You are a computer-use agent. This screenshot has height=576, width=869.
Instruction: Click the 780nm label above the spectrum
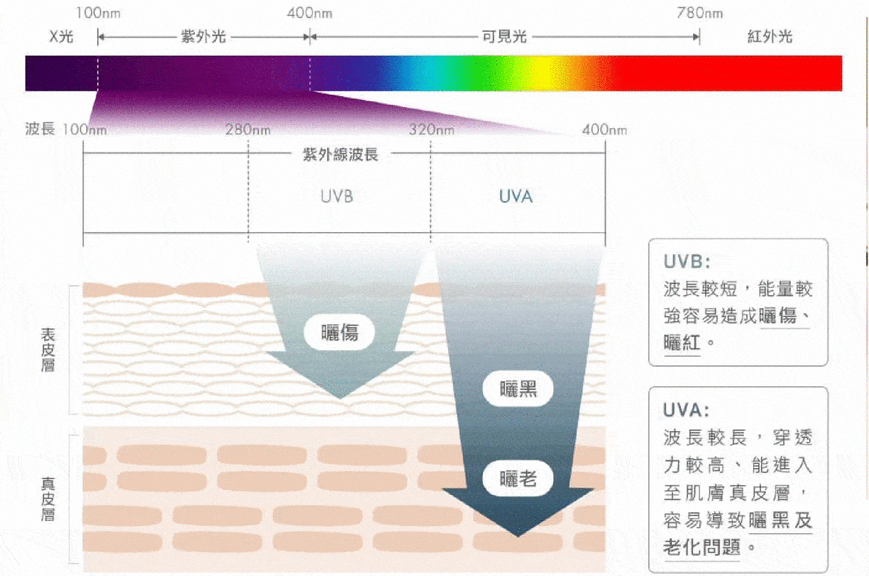click(700, 14)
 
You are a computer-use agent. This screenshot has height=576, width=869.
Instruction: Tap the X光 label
click(62, 37)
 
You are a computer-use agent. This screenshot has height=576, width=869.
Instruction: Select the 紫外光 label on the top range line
click(203, 37)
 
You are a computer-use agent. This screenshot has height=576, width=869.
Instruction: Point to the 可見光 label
click(504, 37)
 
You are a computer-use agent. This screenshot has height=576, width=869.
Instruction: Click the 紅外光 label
click(770, 37)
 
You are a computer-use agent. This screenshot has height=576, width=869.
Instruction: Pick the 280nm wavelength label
click(248, 130)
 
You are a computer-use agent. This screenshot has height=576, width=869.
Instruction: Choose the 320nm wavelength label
click(432, 130)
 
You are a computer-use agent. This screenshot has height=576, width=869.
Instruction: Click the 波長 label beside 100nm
click(40, 129)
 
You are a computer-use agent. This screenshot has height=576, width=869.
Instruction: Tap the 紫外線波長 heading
click(340, 155)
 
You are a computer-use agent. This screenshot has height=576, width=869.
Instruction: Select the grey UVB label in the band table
click(337, 197)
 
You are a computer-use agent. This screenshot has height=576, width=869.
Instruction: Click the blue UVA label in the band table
click(516, 197)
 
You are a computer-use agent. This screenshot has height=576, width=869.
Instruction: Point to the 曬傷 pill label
click(340, 333)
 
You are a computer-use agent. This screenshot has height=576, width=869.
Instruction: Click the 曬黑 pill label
click(518, 389)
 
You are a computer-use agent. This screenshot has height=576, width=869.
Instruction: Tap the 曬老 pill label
click(518, 479)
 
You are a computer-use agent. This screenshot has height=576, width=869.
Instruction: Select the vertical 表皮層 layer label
click(48, 350)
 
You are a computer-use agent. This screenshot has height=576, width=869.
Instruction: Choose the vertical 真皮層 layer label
click(48, 499)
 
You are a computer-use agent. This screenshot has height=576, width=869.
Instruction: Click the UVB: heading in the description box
click(687, 262)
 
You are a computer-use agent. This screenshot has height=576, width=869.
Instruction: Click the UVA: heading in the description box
click(686, 410)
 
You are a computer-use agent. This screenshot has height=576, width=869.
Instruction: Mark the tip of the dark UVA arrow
click(518, 537)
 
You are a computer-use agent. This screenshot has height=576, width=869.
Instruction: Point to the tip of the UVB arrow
click(340, 399)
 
